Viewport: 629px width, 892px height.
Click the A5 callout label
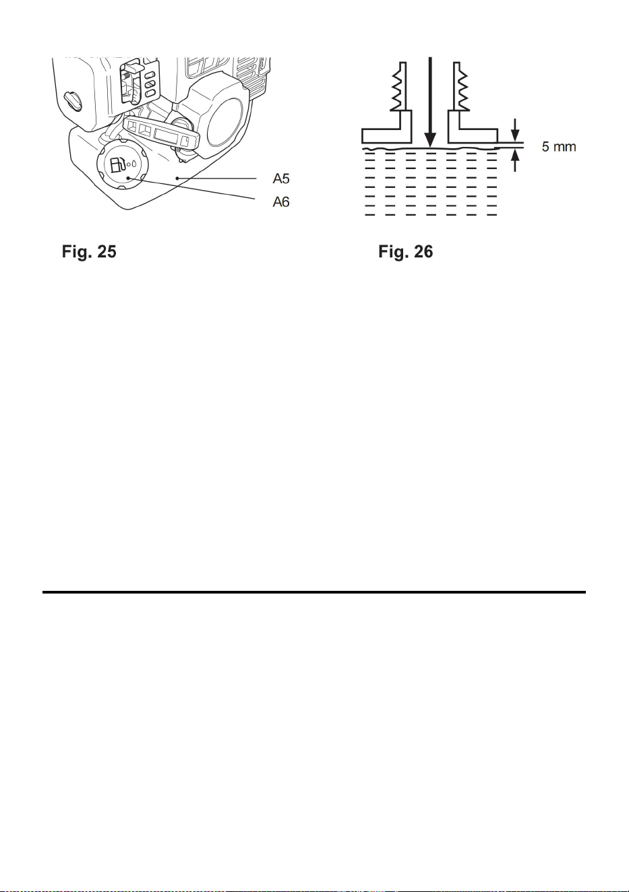click(281, 179)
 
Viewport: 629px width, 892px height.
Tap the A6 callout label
click(281, 202)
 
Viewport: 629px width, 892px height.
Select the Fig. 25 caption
click(89, 252)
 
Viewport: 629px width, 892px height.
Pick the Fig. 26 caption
click(405, 252)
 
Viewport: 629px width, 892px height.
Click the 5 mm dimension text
click(559, 147)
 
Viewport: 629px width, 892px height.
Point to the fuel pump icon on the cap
click(117, 164)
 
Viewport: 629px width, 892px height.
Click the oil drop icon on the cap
click(134, 163)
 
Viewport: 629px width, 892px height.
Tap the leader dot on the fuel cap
click(128, 178)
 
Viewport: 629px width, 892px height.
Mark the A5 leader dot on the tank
click(177, 179)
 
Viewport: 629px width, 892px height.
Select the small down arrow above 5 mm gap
click(515, 130)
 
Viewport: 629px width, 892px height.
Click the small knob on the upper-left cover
click(73, 101)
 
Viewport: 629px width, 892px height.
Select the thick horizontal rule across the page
click(314, 592)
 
